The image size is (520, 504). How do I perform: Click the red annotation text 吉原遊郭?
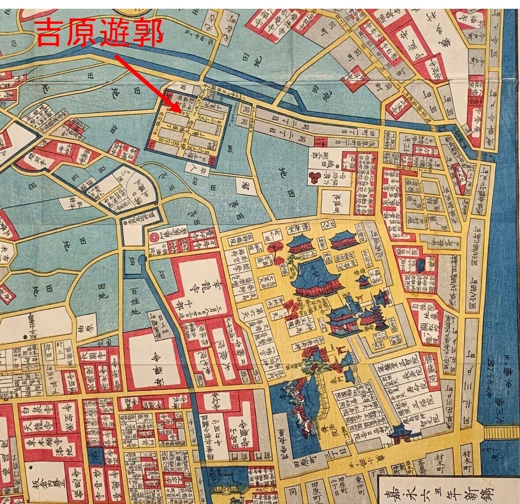(99, 33)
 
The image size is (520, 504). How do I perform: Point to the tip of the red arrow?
(180, 110)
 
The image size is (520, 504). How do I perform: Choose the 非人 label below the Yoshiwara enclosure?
(191, 167)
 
